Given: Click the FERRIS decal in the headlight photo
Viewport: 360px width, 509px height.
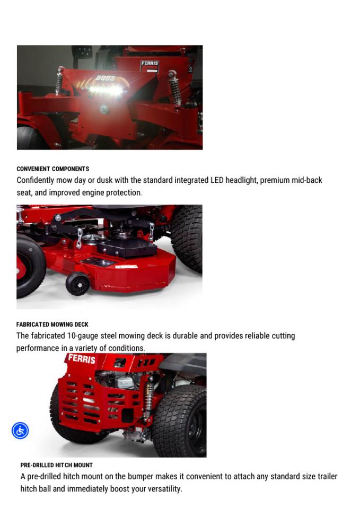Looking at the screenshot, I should [150, 64].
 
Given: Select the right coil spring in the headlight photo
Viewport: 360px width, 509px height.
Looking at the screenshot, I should [174, 88].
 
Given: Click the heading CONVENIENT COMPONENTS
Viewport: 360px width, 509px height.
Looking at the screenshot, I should [52, 169].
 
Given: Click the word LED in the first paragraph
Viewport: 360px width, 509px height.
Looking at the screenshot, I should [217, 180].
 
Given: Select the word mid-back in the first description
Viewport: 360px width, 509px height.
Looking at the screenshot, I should [306, 180].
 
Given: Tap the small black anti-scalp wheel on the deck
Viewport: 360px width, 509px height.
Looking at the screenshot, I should [77, 283].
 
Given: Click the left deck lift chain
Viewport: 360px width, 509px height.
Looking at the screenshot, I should [80, 239].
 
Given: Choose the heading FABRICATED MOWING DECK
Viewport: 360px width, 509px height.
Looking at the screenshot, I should [52, 324].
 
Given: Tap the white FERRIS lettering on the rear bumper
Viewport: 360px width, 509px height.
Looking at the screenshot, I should [82, 359].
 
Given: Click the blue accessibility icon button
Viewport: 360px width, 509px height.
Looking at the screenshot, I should [20, 431].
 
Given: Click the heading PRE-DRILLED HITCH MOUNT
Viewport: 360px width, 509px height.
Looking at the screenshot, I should [56, 465].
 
